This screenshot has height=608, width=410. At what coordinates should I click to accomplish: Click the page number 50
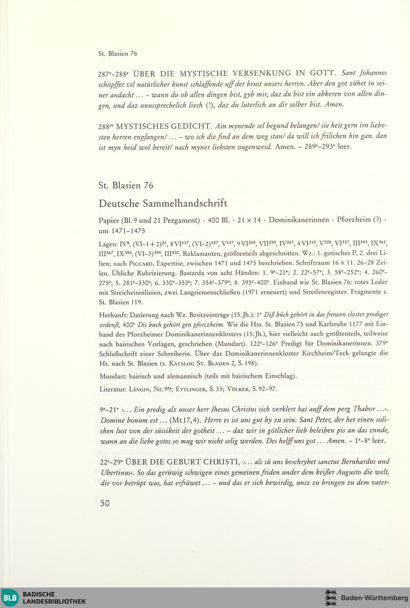coord(105,503)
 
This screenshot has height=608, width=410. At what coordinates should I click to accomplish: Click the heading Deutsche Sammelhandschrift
coord(163,203)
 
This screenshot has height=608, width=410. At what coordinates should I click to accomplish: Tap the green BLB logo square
coord(10,598)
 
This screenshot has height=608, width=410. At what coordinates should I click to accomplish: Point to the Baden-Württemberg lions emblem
coord(330,598)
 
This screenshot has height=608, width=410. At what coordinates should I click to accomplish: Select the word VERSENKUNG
coord(262,73)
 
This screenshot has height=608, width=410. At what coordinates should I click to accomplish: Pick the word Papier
coord(109,220)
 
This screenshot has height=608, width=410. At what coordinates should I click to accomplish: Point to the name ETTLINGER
coord(191,389)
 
